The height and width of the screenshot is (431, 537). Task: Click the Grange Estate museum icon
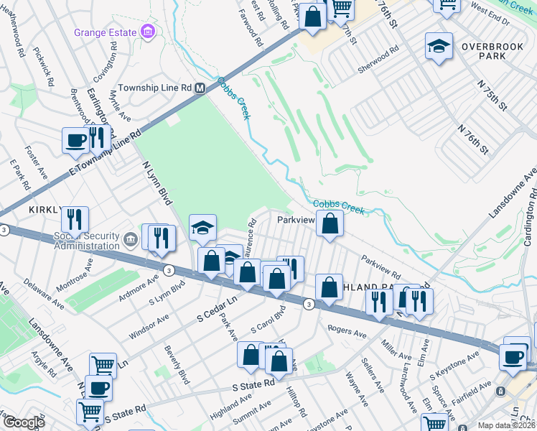147,32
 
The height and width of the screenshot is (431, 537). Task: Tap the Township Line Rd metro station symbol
200,88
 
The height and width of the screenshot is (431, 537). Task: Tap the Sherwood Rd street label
378,61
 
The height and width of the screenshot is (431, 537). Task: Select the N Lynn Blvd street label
154,180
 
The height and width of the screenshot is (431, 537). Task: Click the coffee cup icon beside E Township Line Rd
75,141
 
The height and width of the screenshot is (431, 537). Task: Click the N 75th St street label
492,95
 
